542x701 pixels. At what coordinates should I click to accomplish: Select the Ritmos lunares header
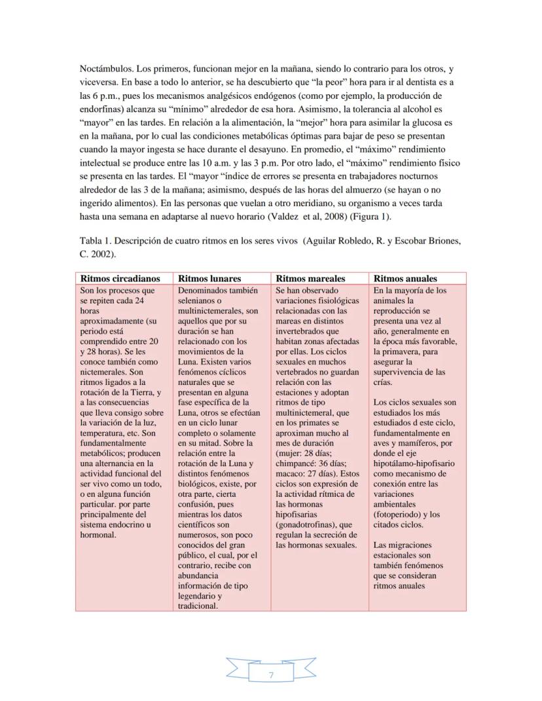click(x=209, y=278)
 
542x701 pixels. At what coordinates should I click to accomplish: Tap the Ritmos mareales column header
click(x=310, y=278)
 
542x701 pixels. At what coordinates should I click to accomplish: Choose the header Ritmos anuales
click(x=405, y=278)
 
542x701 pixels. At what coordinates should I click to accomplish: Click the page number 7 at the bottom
click(x=271, y=674)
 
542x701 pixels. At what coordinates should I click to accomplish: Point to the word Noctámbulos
click(x=106, y=69)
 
